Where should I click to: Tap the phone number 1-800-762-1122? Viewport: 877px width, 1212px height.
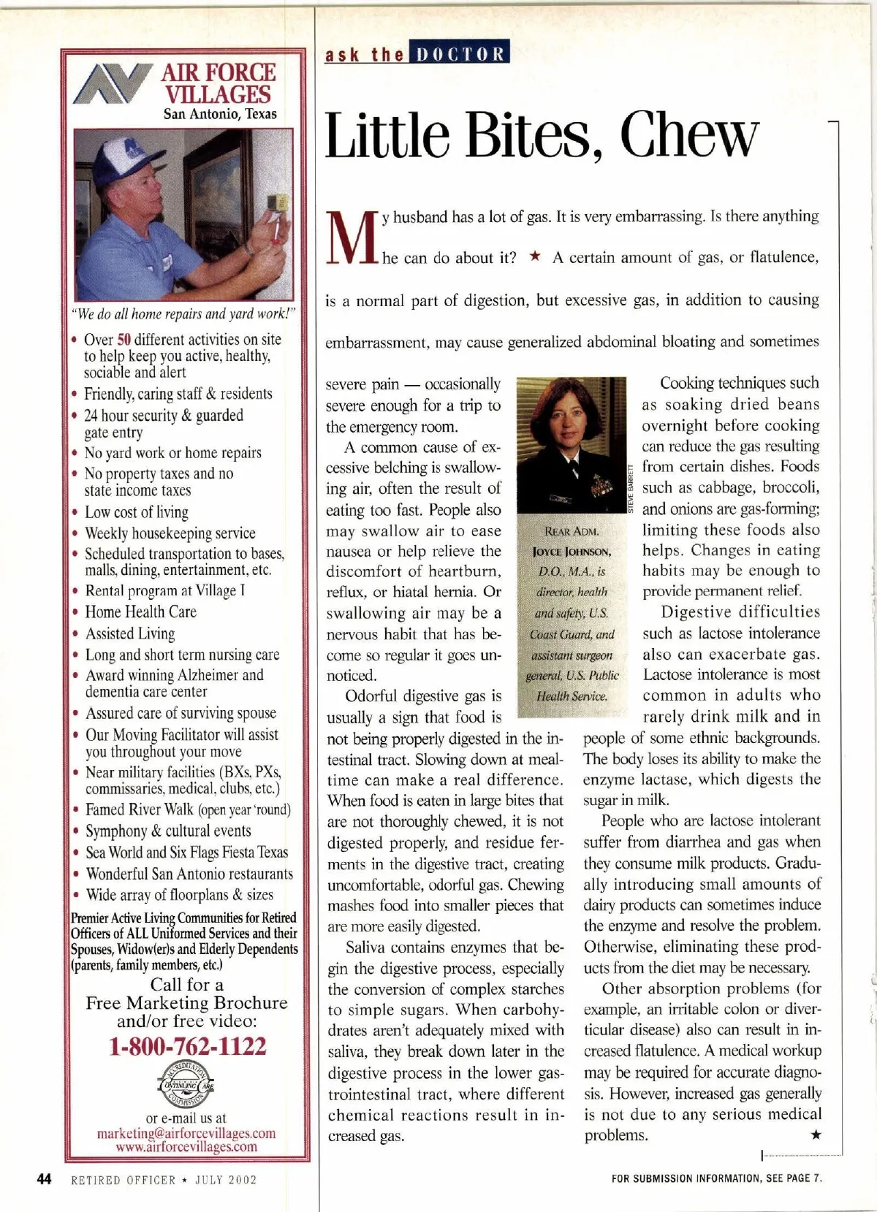coord(188,1046)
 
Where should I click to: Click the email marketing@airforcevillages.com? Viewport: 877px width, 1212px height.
coord(186,1133)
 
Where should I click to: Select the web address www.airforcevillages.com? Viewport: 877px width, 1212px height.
coord(186,1146)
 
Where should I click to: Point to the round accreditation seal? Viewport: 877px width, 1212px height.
coord(186,1085)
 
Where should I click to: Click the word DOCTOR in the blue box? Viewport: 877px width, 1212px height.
coord(460,55)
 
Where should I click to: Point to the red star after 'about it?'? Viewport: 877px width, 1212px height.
coord(535,256)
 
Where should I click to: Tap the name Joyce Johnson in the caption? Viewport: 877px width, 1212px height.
coord(572,552)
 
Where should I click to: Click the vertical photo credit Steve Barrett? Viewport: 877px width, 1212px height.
coord(631,489)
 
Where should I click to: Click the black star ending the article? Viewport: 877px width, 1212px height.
coord(816,1135)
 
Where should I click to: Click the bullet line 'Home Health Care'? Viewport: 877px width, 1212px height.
coord(140,612)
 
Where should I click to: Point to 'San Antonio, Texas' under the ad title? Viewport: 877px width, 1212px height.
coord(220,113)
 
